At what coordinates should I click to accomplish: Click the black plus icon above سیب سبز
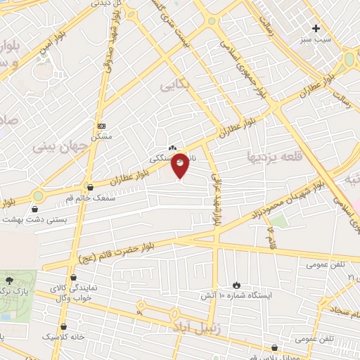tap(316, 29)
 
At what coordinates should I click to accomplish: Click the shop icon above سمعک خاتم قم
tap(89, 188)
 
